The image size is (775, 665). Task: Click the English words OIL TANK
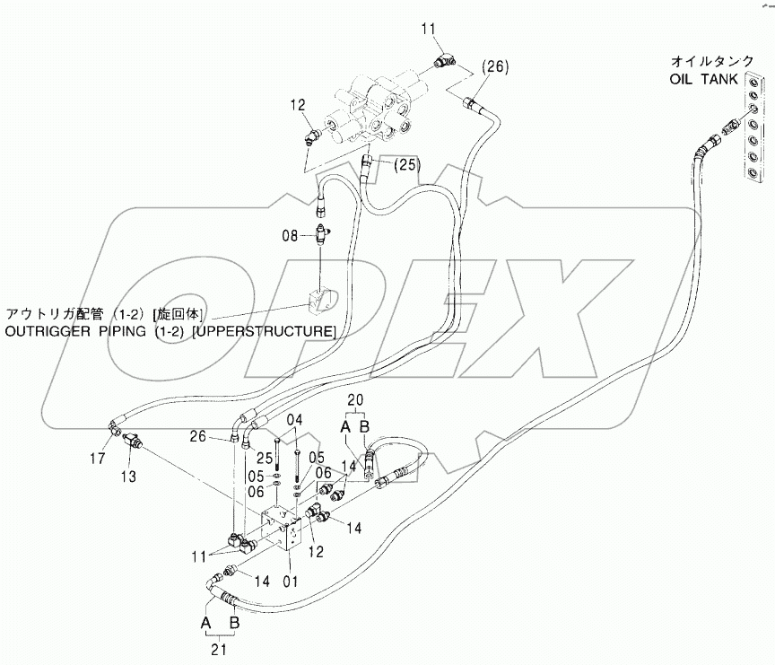click(704, 78)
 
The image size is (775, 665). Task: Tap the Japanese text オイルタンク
click(705, 62)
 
